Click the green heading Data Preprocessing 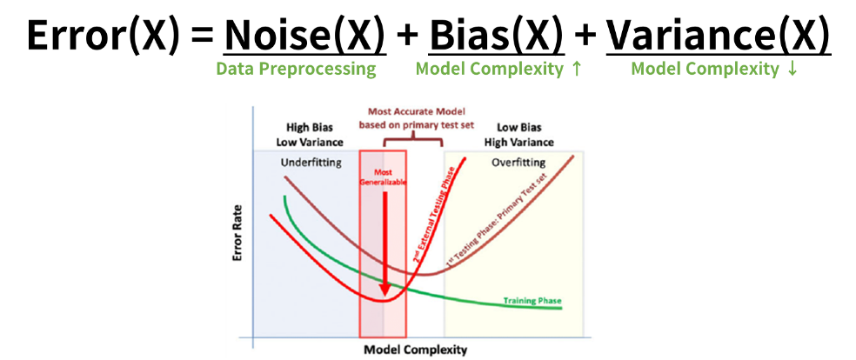(x=296, y=69)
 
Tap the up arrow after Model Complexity (x=576, y=69)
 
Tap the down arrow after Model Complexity (x=791, y=69)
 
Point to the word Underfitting (x=312, y=163)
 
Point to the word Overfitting (x=518, y=163)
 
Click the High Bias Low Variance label (x=310, y=134)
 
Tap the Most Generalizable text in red (x=382, y=177)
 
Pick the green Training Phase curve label (x=532, y=302)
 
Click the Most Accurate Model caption (x=416, y=117)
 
